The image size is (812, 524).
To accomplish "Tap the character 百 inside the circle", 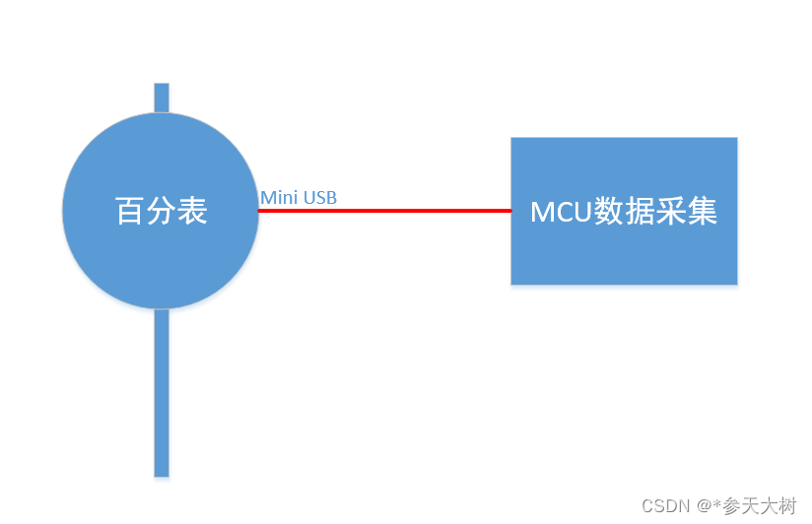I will [130, 211].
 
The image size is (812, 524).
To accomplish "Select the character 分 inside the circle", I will [161, 211].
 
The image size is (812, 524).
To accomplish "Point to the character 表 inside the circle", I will [192, 211].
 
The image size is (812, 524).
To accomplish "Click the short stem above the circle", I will [162, 97].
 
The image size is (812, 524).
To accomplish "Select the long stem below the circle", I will [162, 394].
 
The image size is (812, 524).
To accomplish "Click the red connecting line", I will [384, 210].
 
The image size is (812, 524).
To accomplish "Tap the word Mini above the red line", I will [279, 198].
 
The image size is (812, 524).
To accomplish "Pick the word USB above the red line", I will [319, 198].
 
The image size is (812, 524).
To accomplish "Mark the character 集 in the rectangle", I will [703, 212].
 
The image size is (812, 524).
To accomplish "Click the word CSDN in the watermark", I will [665, 506].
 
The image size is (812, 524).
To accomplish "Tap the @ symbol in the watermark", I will [704, 506].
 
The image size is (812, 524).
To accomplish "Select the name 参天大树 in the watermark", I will [760, 506].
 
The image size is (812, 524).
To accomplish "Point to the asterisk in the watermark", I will [717, 504].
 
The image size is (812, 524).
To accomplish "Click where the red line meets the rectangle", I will [510, 210].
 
